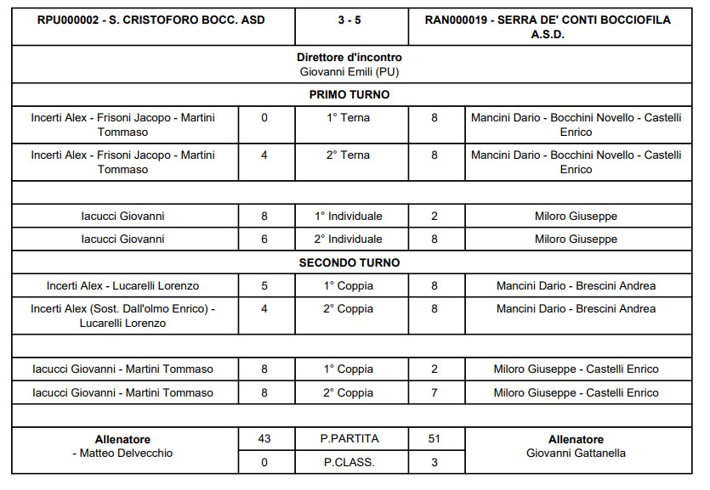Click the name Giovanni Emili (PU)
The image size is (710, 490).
click(349, 71)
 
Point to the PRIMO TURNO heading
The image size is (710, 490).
click(349, 95)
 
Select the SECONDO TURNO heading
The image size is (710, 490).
click(349, 262)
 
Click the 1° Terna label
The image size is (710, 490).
click(349, 118)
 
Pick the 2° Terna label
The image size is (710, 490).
click(349, 155)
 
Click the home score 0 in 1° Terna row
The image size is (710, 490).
click(264, 118)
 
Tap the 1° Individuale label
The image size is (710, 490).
click(349, 216)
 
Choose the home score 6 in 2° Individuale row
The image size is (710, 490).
click(264, 239)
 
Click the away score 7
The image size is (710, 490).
click(435, 392)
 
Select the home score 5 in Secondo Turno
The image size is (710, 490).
click(264, 285)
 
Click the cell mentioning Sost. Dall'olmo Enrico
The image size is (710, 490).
click(123, 316)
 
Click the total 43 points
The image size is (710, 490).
click(264, 439)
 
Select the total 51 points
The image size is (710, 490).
click(435, 439)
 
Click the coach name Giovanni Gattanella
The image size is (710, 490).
click(576, 453)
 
